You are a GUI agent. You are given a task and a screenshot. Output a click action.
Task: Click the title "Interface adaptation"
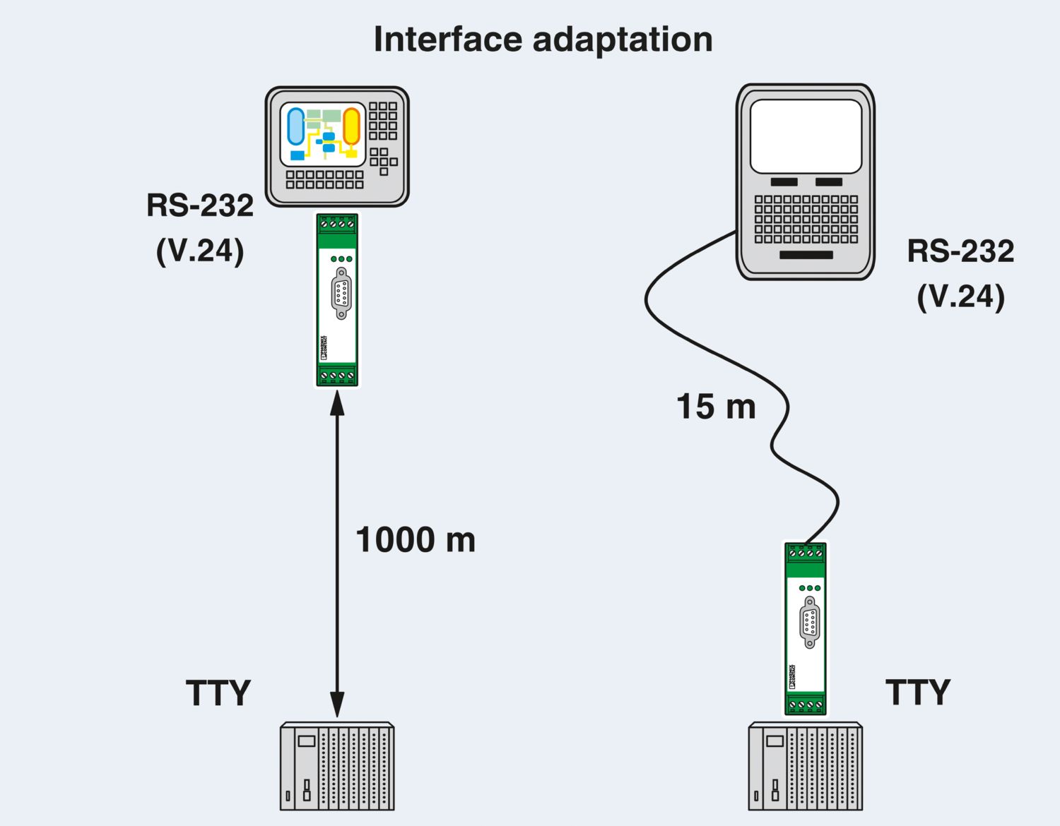click(x=543, y=40)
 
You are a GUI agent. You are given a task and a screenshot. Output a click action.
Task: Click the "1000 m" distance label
click(x=416, y=540)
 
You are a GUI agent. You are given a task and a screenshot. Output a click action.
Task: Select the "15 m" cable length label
click(x=716, y=407)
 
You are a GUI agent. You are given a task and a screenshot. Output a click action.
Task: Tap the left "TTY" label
click(x=218, y=693)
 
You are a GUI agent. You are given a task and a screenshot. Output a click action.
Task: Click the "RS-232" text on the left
click(x=200, y=206)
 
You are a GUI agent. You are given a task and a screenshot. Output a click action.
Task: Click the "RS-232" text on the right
click(x=960, y=251)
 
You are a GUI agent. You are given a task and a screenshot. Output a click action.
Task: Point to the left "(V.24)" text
click(x=200, y=251)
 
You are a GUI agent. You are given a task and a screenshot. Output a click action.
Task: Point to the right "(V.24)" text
click(x=960, y=297)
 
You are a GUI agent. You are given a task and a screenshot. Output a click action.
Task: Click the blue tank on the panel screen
click(x=295, y=127)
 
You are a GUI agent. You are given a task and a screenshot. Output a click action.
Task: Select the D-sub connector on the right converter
click(x=810, y=622)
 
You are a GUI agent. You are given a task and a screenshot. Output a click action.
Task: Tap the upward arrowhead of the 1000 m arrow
click(x=337, y=402)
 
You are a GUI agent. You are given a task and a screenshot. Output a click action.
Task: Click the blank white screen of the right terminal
click(x=806, y=136)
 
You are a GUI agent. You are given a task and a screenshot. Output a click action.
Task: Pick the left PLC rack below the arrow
click(x=337, y=766)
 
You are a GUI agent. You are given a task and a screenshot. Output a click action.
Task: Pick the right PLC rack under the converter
click(x=806, y=766)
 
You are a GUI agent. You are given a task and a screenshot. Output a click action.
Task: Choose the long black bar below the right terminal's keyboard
click(x=806, y=255)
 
